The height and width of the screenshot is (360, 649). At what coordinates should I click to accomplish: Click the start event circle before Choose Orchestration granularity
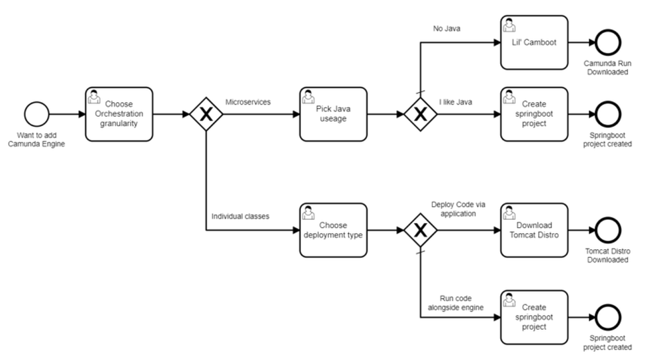pos(37,115)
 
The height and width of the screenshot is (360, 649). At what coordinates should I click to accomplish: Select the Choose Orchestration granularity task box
pos(119,115)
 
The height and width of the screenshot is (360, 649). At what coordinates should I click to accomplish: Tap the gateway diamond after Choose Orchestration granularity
pos(205,115)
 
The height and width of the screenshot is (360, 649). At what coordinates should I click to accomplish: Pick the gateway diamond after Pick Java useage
pos(420,115)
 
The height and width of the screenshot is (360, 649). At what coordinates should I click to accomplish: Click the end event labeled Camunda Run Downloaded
pos(608,43)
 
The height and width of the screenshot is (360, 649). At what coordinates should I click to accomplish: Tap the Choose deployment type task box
pos(333,229)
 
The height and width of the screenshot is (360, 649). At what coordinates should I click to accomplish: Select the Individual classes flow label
pos(240,216)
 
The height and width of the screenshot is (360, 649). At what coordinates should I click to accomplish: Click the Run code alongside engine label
pos(461,303)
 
